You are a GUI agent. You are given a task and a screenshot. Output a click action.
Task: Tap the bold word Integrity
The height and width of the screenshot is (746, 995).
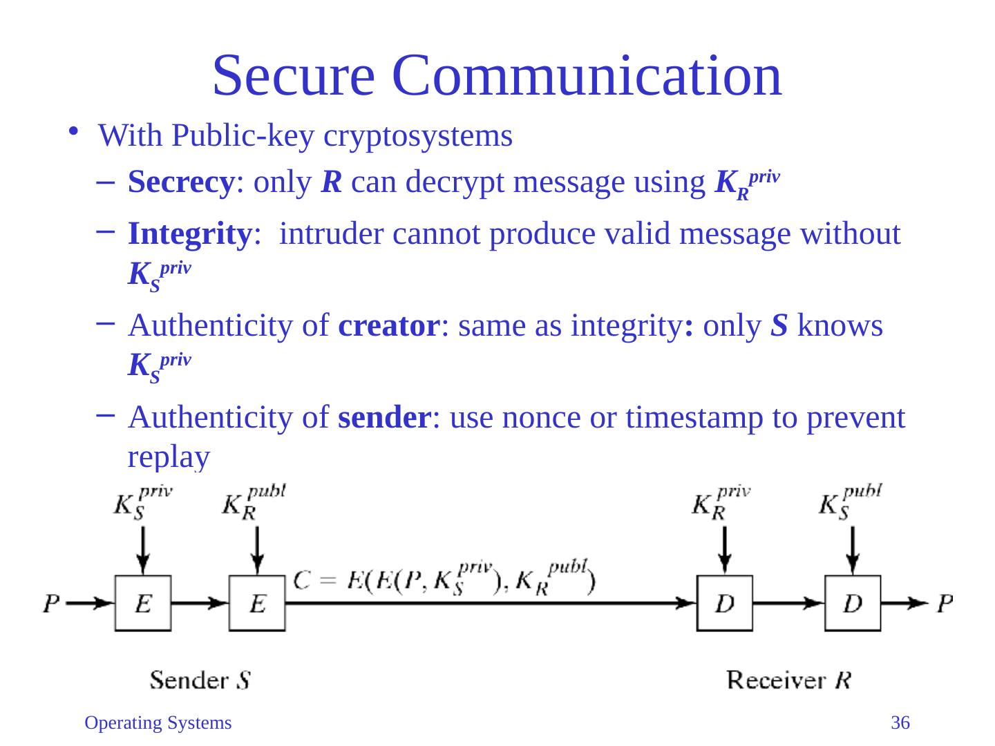pyautogui.click(x=188, y=234)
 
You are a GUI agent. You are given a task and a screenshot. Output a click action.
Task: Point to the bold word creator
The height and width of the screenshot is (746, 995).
pyautogui.click(x=389, y=326)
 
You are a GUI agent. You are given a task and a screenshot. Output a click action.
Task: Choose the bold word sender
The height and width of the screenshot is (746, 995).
pyautogui.click(x=384, y=417)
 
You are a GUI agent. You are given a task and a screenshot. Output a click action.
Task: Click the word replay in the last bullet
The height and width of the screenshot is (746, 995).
pyautogui.click(x=168, y=457)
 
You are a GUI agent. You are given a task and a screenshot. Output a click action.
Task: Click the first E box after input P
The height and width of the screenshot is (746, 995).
pyautogui.click(x=143, y=603)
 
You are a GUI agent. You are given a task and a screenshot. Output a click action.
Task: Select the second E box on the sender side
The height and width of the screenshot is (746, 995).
pyautogui.click(x=257, y=603)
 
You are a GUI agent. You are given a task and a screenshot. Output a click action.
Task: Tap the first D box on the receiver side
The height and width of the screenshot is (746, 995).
pyautogui.click(x=724, y=603)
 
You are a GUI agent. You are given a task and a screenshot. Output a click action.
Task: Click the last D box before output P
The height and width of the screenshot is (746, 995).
pyautogui.click(x=853, y=603)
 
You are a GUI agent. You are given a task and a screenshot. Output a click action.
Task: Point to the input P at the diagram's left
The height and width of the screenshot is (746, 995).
pyautogui.click(x=51, y=604)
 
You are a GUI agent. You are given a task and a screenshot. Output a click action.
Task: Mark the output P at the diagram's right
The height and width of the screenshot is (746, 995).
pyautogui.click(x=945, y=604)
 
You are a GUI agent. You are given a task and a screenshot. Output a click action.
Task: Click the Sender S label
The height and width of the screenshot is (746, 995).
pyautogui.click(x=200, y=680)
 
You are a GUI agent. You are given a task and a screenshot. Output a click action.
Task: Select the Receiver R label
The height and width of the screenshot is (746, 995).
pyautogui.click(x=788, y=680)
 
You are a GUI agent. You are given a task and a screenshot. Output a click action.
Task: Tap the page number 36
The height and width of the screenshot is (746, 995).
pyautogui.click(x=900, y=723)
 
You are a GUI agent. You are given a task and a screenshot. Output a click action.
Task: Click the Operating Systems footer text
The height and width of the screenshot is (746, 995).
pyautogui.click(x=158, y=723)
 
